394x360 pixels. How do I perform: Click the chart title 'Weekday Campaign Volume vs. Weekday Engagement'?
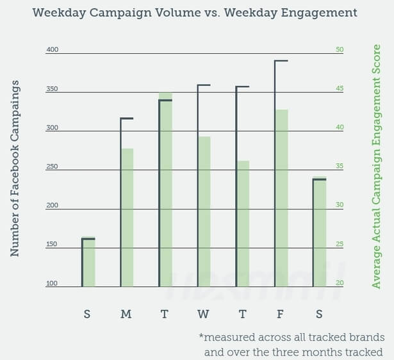194,13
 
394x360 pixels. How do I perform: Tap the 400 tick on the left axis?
52,50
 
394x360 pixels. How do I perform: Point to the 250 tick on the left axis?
52,167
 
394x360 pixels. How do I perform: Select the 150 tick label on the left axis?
52,244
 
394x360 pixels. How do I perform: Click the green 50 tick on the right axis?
340,50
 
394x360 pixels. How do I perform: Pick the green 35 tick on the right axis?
340,167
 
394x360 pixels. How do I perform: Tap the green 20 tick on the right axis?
340,283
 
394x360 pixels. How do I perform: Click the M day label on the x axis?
126,314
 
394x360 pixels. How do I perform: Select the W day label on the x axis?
203,314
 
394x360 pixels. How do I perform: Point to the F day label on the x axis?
281,314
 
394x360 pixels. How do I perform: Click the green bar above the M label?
127,218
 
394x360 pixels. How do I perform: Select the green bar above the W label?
204,211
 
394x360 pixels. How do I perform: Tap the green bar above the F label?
281,199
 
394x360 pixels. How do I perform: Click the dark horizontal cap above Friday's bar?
281,61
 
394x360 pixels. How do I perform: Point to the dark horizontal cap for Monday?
126,119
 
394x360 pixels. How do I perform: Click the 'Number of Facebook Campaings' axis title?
15,169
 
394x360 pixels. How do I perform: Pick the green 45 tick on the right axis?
340,89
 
